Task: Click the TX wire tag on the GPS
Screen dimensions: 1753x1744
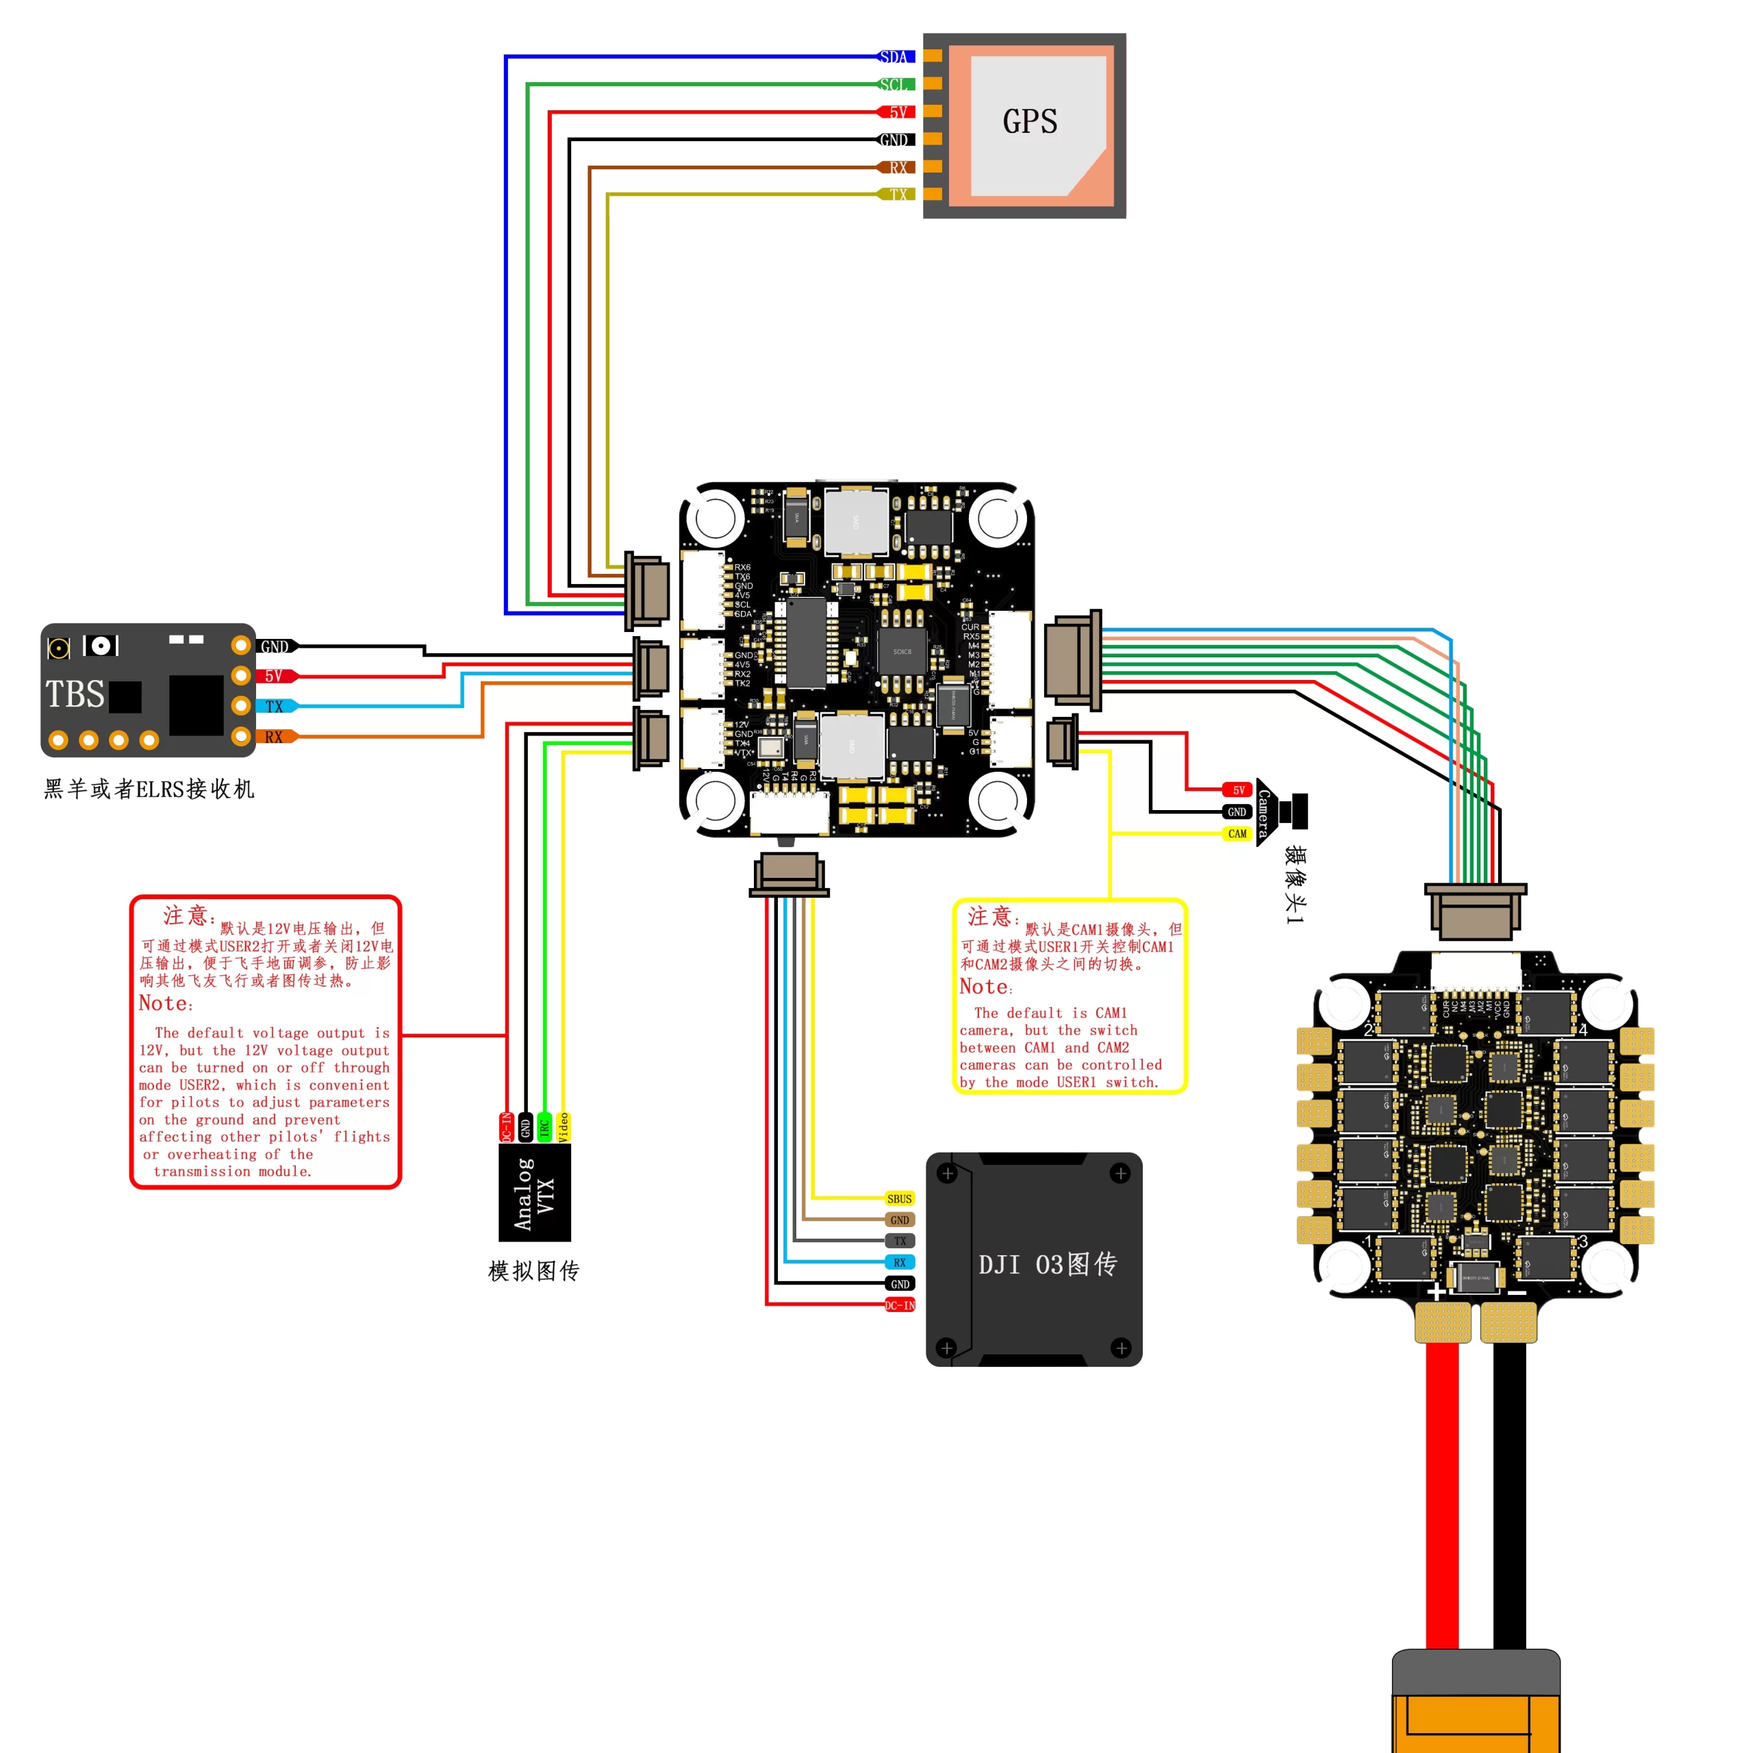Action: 896,194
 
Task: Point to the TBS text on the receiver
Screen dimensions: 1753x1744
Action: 75,694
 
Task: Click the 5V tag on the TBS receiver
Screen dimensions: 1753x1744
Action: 274,676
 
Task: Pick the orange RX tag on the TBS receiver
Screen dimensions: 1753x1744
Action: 274,737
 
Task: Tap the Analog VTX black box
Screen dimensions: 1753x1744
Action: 535,1192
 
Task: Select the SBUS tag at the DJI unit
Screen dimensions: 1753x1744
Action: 899,1198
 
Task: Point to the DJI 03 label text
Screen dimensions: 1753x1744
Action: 1047,1264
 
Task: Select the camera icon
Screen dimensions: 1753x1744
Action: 1285,812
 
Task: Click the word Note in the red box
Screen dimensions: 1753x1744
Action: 164,1004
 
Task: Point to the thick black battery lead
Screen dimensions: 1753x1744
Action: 1509,1497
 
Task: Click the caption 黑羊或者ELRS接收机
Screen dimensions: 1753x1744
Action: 149,790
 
